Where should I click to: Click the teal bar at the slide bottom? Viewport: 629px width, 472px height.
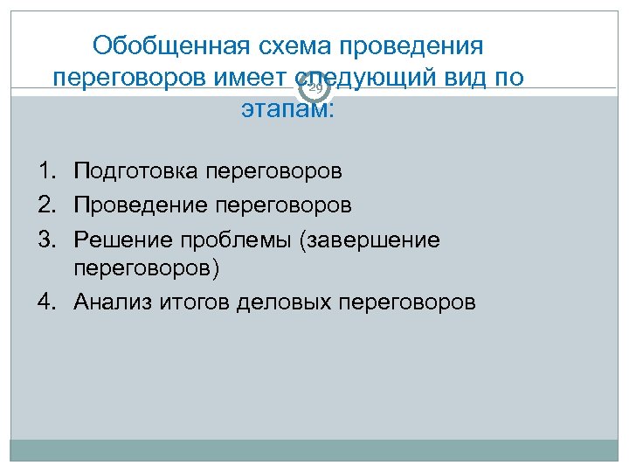pyautogui.click(x=314, y=450)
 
